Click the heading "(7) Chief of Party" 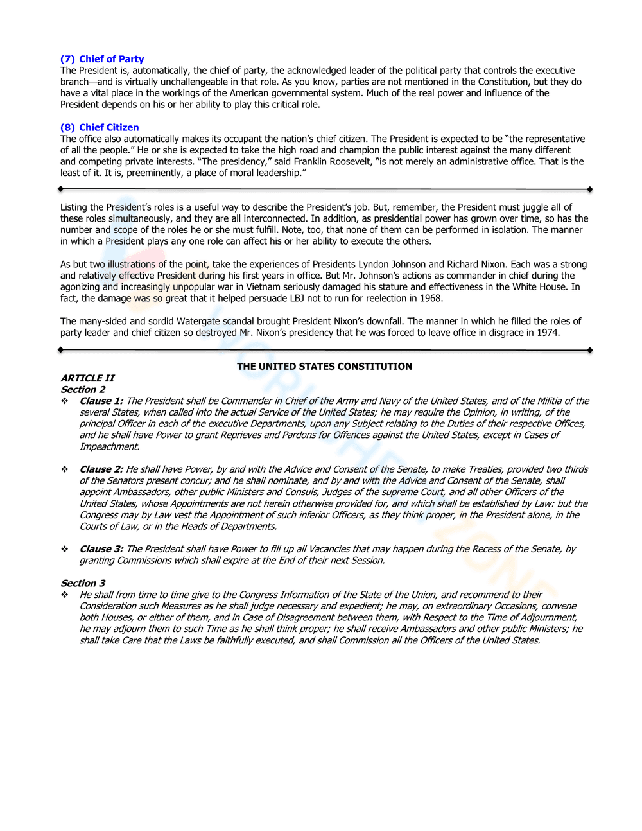pyautogui.click(x=102, y=59)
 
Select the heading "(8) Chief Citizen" pyautogui.click(x=100, y=127)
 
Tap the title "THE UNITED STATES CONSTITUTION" pyautogui.click(x=324, y=367)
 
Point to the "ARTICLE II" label pyautogui.click(x=87, y=378)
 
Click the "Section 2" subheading pyautogui.click(x=83, y=389)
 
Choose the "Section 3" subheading pyautogui.click(x=83, y=583)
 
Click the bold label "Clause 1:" pyautogui.click(x=101, y=401)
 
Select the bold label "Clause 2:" pyautogui.click(x=101, y=469)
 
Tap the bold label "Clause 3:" pyautogui.click(x=101, y=549)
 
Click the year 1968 pyautogui.click(x=431, y=298)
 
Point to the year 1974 pyautogui.click(x=548, y=333)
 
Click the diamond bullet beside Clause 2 pyautogui.click(x=65, y=469)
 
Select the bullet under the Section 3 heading pyautogui.click(x=65, y=595)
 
